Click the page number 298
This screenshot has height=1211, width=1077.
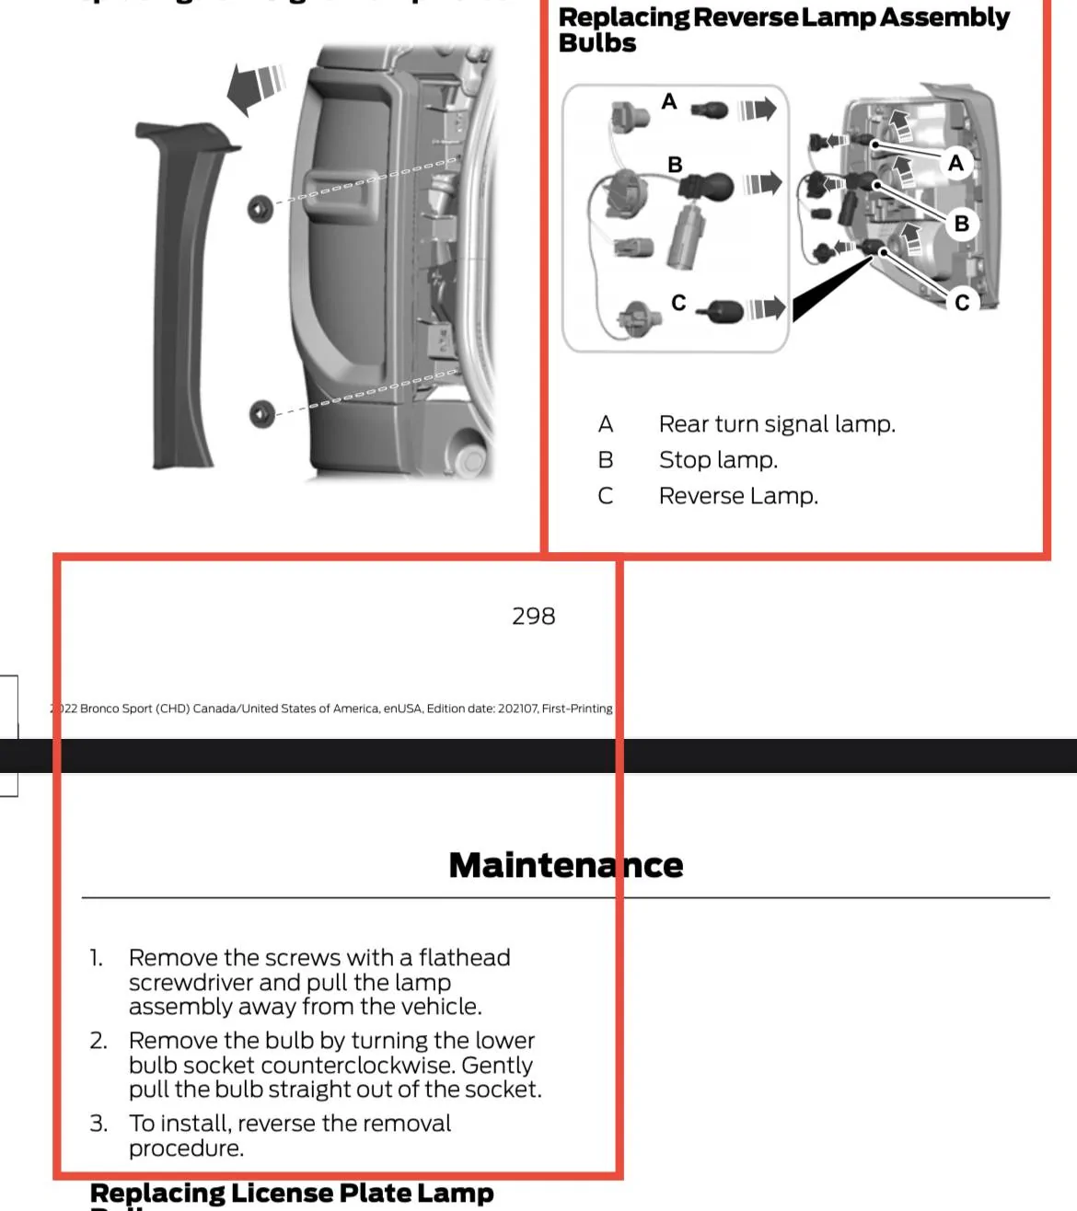click(533, 616)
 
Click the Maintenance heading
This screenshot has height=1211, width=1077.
click(565, 865)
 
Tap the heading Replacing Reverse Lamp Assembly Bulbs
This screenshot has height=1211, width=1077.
click(782, 29)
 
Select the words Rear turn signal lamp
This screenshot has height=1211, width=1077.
click(776, 424)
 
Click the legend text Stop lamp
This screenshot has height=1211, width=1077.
click(718, 460)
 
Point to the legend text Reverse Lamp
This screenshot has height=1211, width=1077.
click(737, 496)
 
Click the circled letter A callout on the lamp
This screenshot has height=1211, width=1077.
click(955, 163)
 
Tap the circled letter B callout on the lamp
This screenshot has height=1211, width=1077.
click(961, 224)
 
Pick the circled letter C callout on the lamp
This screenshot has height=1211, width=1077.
click(961, 302)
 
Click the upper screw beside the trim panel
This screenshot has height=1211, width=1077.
click(261, 209)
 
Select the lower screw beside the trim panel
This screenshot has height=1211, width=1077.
click(261, 413)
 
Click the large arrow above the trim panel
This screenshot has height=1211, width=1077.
click(253, 86)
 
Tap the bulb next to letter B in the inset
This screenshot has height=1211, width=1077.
click(707, 187)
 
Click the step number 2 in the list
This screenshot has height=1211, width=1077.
click(98, 1041)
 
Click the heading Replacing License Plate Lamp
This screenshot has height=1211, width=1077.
click(291, 1194)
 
